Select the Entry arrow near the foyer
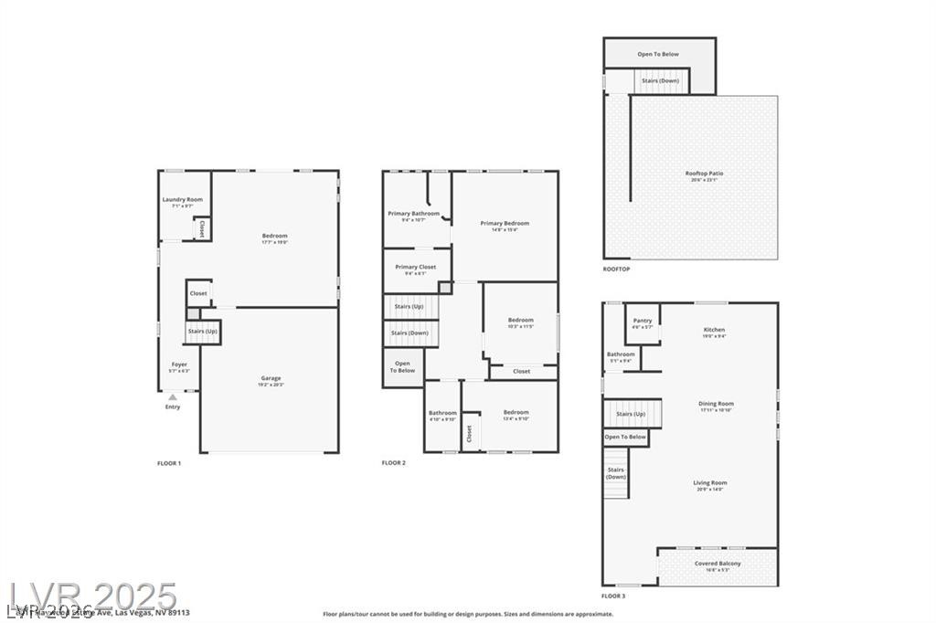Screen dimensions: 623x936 (172, 396)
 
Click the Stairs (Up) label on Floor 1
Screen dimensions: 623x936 (203, 331)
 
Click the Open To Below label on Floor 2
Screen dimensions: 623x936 (403, 366)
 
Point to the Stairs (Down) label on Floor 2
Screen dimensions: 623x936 (409, 333)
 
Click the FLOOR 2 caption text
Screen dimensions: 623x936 (394, 463)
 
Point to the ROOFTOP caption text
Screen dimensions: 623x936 (616, 269)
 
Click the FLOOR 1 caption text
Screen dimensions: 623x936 (169, 463)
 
